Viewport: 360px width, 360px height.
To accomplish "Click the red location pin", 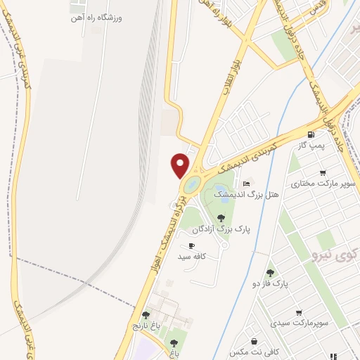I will coord(181,165).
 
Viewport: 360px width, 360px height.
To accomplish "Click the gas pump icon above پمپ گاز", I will coord(310,134).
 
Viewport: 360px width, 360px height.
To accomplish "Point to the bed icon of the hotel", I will coord(244,183).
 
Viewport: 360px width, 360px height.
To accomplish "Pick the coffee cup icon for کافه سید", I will coord(192,245).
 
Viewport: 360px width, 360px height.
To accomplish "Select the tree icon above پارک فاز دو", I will coord(270,273).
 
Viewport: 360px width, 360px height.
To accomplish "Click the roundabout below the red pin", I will coord(190,187).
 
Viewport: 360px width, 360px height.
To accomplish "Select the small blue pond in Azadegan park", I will coord(224,199).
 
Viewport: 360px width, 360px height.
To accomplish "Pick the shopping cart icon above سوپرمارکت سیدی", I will coord(300,312).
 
